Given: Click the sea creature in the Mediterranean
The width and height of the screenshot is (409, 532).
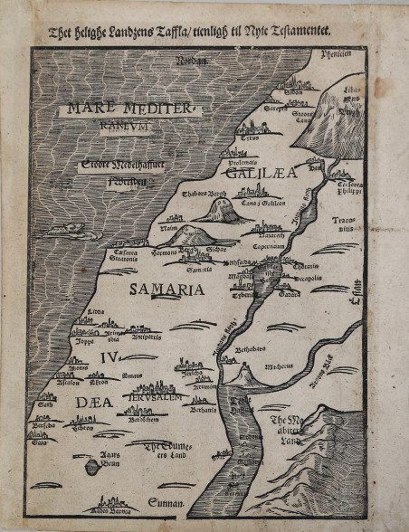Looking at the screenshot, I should [65, 232].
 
